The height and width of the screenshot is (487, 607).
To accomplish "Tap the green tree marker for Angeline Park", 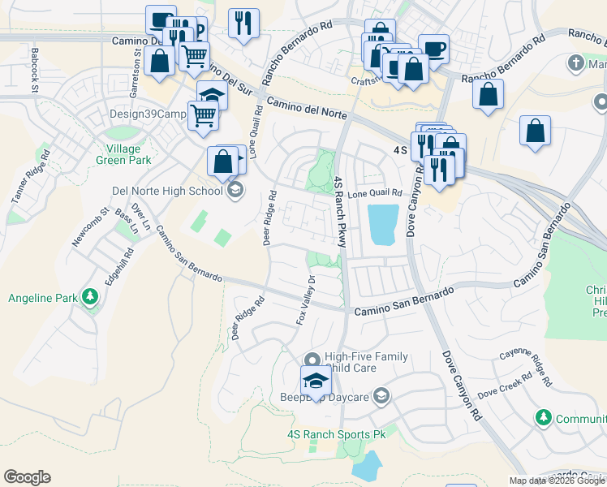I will point(89,298).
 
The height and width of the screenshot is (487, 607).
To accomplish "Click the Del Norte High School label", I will point(166,192).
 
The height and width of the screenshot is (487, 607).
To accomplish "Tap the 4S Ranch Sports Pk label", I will point(335,434).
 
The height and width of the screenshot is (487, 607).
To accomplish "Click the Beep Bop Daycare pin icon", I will point(382,397).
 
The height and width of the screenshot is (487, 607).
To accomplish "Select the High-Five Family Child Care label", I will point(365,362).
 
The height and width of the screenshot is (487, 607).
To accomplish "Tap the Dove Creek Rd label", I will point(504,387).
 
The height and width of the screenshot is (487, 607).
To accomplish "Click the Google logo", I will point(27,477).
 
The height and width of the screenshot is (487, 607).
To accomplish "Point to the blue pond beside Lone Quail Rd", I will point(383,223).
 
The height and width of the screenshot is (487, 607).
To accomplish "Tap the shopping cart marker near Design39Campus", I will point(202,115).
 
